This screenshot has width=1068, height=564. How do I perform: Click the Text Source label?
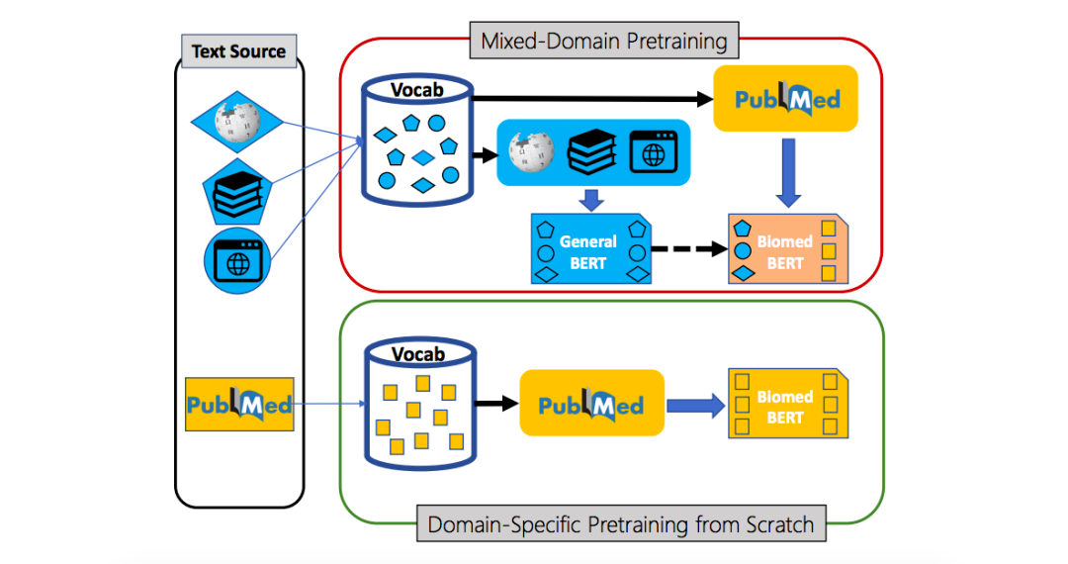click(238, 51)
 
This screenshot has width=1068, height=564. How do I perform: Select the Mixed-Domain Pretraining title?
click(604, 42)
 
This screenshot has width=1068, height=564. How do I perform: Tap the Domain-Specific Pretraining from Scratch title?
click(620, 524)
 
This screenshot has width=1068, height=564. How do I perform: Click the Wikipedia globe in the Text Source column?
click(237, 122)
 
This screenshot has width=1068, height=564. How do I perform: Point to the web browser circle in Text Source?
click(237, 262)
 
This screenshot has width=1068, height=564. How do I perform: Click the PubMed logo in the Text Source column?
click(239, 404)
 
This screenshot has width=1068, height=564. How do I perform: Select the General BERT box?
click(588, 250)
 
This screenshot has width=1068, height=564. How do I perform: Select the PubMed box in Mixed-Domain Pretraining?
click(786, 99)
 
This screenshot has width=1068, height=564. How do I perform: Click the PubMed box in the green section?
click(590, 404)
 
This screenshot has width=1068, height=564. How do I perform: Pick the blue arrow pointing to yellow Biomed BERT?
click(691, 405)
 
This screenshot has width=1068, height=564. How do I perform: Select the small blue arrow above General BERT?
click(590, 199)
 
